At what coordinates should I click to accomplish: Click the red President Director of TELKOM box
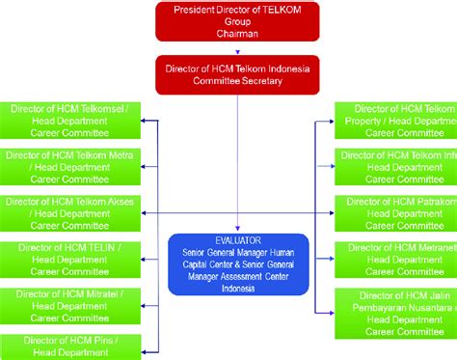(237, 21)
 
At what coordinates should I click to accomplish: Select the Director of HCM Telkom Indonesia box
(237, 73)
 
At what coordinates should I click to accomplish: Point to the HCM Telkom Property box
(396, 121)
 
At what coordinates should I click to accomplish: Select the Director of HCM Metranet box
(396, 259)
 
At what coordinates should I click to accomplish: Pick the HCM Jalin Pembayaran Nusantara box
(396, 312)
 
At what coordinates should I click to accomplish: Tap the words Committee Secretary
(237, 80)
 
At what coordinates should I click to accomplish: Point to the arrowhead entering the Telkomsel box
(145, 121)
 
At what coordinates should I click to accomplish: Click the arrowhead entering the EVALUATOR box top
(237, 230)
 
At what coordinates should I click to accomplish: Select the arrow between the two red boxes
(237, 48)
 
